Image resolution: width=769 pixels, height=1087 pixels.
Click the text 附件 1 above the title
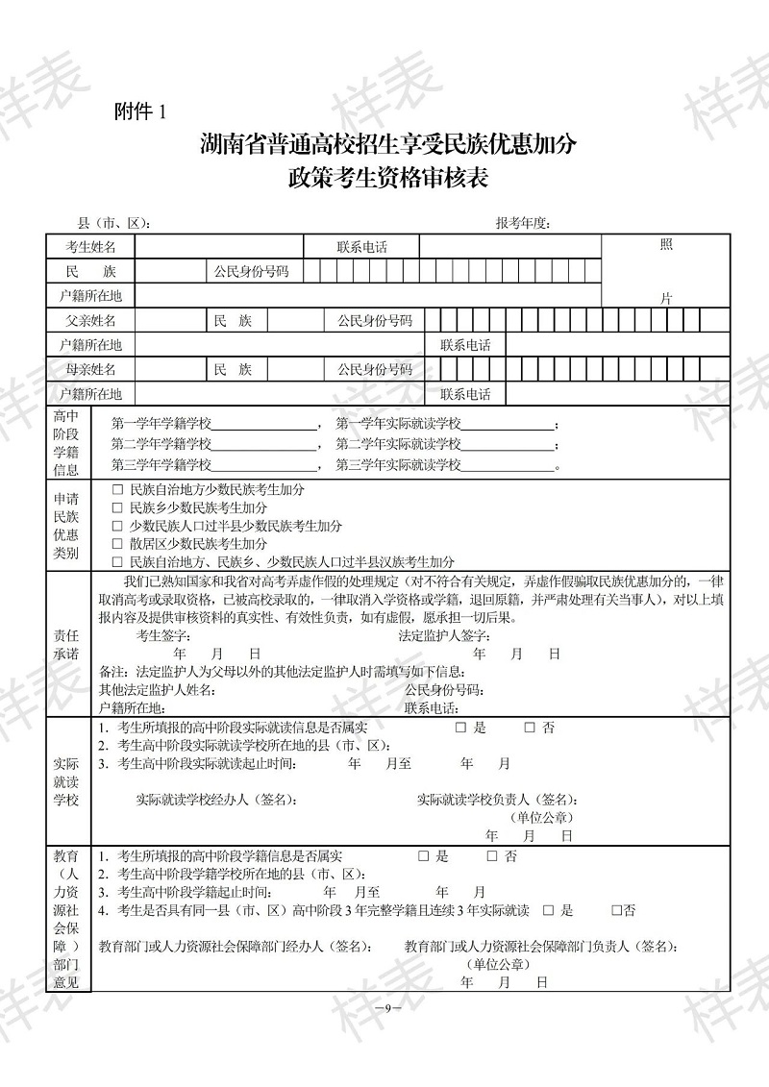[139, 112]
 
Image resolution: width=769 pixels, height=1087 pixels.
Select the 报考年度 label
[523, 223]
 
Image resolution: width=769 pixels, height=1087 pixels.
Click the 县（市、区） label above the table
[114, 223]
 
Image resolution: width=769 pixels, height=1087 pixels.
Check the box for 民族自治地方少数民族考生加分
[118, 489]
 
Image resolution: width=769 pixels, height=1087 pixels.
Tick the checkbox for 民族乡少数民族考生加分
[118, 507]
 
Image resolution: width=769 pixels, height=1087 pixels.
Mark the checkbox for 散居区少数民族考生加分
[118, 544]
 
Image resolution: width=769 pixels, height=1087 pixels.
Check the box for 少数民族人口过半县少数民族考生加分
[118, 526]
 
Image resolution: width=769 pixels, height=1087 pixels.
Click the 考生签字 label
[164, 635]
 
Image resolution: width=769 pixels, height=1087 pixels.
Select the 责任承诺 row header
[66, 644]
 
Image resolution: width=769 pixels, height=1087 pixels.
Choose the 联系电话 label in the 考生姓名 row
[361, 247]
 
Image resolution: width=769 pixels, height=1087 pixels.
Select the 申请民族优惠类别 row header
[66, 526]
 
